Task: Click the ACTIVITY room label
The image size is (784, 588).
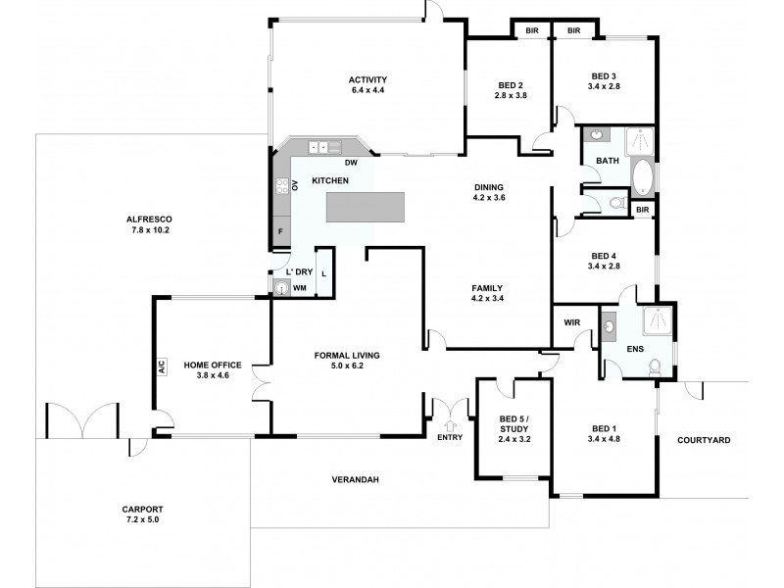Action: tap(368, 80)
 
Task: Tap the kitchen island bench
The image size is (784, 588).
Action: tap(365, 207)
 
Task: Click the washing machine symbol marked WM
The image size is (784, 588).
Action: tap(283, 288)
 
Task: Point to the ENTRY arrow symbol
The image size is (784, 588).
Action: tap(451, 424)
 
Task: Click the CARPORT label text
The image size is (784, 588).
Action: tap(143, 510)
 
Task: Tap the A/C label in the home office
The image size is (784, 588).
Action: tap(160, 367)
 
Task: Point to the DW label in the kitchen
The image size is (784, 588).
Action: tap(350, 164)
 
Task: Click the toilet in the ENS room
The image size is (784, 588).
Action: tap(657, 367)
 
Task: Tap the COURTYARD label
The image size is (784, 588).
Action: tap(704, 440)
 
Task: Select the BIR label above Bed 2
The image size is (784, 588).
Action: tap(532, 31)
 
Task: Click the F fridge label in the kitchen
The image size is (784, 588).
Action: tap(280, 231)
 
